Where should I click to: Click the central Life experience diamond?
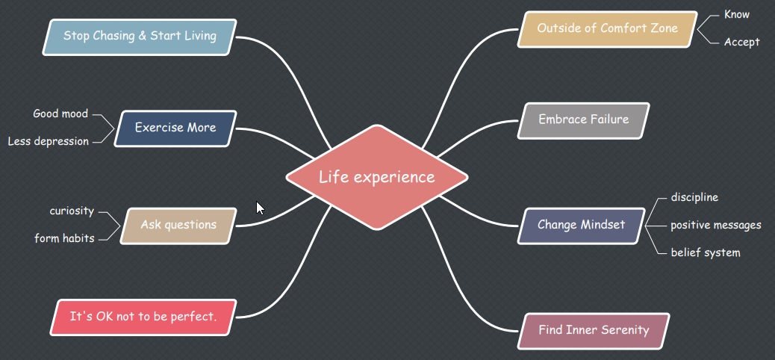tap(377, 177)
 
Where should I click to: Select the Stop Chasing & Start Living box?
tap(140, 36)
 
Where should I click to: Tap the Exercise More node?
tap(175, 128)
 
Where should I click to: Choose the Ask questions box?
tap(178, 225)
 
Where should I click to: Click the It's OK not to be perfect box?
tap(143, 317)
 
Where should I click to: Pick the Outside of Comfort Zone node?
tap(608, 28)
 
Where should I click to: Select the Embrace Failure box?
tap(584, 120)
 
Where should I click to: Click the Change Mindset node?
tap(581, 225)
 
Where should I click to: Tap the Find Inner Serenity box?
tap(594, 330)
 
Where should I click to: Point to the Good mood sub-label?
tap(60, 114)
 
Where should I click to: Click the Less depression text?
tap(49, 141)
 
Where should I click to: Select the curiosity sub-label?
tap(72, 211)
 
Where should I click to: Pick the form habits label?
tap(64, 239)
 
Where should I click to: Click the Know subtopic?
tap(737, 15)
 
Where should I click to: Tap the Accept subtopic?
tap(741, 43)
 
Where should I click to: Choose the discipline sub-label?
tap(694, 197)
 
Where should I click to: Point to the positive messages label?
tap(715, 225)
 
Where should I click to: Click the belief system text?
tap(705, 252)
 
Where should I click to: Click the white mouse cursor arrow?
tap(260, 208)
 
